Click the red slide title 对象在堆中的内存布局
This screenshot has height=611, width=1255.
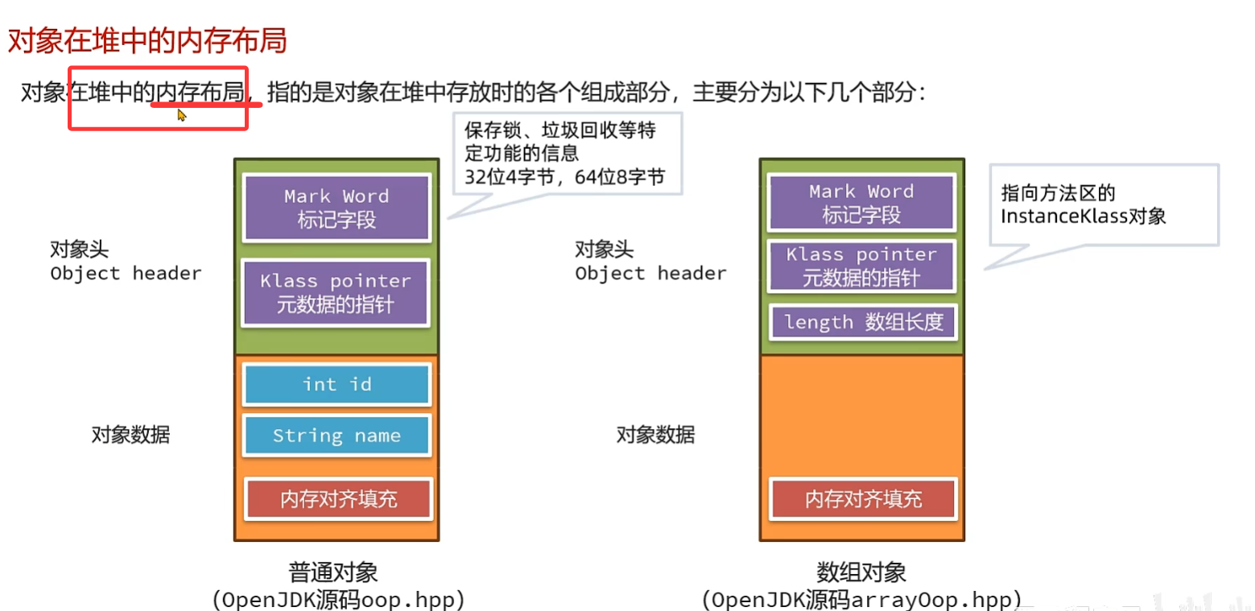(x=147, y=40)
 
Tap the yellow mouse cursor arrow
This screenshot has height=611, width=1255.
(x=182, y=115)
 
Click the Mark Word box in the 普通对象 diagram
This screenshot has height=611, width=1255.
(x=336, y=208)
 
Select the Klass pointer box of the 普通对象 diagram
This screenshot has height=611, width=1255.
(x=336, y=293)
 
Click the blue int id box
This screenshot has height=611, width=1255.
(x=336, y=385)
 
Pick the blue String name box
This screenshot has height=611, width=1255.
(x=336, y=436)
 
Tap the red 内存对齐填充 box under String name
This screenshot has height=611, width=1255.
(x=338, y=499)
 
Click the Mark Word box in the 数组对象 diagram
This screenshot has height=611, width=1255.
(x=861, y=203)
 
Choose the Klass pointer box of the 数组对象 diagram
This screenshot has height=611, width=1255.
(x=861, y=266)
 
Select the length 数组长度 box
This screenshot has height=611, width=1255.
(x=862, y=323)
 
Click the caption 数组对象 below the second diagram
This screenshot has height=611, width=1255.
(x=861, y=572)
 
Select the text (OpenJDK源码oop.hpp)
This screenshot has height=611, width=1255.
(x=338, y=600)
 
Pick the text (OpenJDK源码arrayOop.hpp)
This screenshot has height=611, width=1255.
(x=861, y=600)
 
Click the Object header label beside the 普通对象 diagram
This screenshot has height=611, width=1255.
(x=126, y=274)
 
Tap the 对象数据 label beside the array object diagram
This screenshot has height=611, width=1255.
(x=655, y=436)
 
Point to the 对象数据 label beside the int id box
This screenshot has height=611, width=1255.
(x=130, y=436)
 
